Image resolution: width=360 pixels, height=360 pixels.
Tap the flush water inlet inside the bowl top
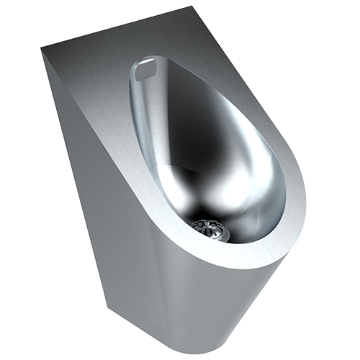click(147, 70)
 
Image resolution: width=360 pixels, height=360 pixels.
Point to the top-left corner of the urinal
click(41, 48)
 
